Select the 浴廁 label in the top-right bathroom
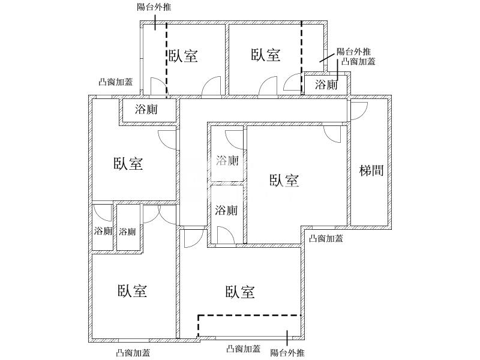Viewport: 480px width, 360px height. click(326, 85)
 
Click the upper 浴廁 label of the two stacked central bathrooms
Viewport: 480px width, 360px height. click(227, 160)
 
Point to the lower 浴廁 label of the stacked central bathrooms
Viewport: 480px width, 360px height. click(227, 211)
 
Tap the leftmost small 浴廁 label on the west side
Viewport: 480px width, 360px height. click(103, 231)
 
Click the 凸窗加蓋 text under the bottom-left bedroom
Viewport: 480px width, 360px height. click(133, 353)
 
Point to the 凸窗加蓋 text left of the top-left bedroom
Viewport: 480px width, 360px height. click(116, 83)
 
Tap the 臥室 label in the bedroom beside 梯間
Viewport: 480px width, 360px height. click(284, 181)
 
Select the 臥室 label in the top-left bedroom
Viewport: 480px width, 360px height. click(183, 56)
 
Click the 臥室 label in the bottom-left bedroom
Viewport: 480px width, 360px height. click(133, 292)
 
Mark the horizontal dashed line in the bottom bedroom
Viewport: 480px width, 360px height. click(249, 315)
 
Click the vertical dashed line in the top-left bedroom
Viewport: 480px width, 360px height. click(166, 60)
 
